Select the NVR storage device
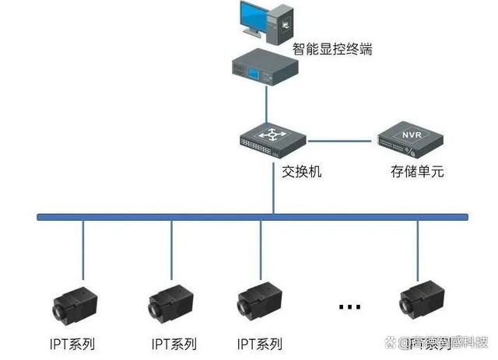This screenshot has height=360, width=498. [409, 142]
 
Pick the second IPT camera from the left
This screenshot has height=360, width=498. [167, 302]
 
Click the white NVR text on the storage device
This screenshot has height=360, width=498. [410, 135]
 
